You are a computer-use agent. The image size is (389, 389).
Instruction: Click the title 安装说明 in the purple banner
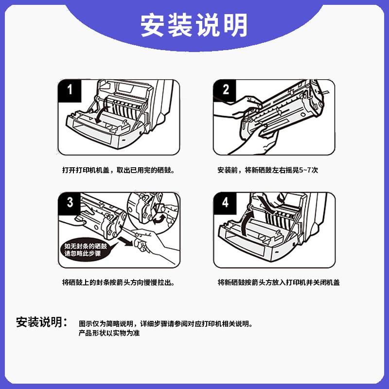194,26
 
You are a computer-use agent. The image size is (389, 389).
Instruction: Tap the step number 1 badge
70,90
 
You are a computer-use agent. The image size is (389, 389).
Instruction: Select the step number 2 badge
225,90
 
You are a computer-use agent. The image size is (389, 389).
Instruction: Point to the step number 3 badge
70,203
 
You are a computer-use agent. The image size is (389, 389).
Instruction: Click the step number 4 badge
225,203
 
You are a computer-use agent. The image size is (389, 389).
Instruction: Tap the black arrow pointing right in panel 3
126,241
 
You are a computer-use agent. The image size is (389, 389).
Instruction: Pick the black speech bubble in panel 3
87,250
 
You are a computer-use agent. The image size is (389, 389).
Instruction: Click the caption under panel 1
118,170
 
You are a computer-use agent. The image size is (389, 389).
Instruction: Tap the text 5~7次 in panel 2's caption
308,170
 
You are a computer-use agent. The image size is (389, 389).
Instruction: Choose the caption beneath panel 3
118,283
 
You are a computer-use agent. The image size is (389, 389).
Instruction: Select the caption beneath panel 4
279,283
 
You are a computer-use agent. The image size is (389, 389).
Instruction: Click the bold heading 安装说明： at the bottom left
42,322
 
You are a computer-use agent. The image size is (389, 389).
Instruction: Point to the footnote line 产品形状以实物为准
109,333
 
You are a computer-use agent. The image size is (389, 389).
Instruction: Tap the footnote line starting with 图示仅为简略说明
165,324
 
